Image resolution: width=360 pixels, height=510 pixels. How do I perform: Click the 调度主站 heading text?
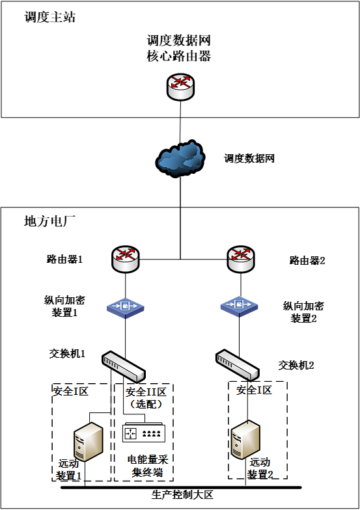click(x=49, y=18)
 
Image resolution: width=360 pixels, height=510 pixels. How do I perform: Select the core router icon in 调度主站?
click(x=180, y=86)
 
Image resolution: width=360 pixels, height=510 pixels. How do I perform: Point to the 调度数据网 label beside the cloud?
click(x=249, y=158)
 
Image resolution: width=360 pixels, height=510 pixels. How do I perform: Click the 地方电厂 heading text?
click(x=49, y=221)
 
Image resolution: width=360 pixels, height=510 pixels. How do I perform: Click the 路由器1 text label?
click(x=65, y=260)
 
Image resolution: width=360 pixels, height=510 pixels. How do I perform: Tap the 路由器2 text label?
click(x=307, y=261)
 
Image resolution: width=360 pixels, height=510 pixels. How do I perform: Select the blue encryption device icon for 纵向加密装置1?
click(x=125, y=306)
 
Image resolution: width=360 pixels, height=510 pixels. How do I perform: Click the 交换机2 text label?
click(x=296, y=366)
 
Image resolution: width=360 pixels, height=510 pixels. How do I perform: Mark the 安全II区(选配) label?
click(x=146, y=397)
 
